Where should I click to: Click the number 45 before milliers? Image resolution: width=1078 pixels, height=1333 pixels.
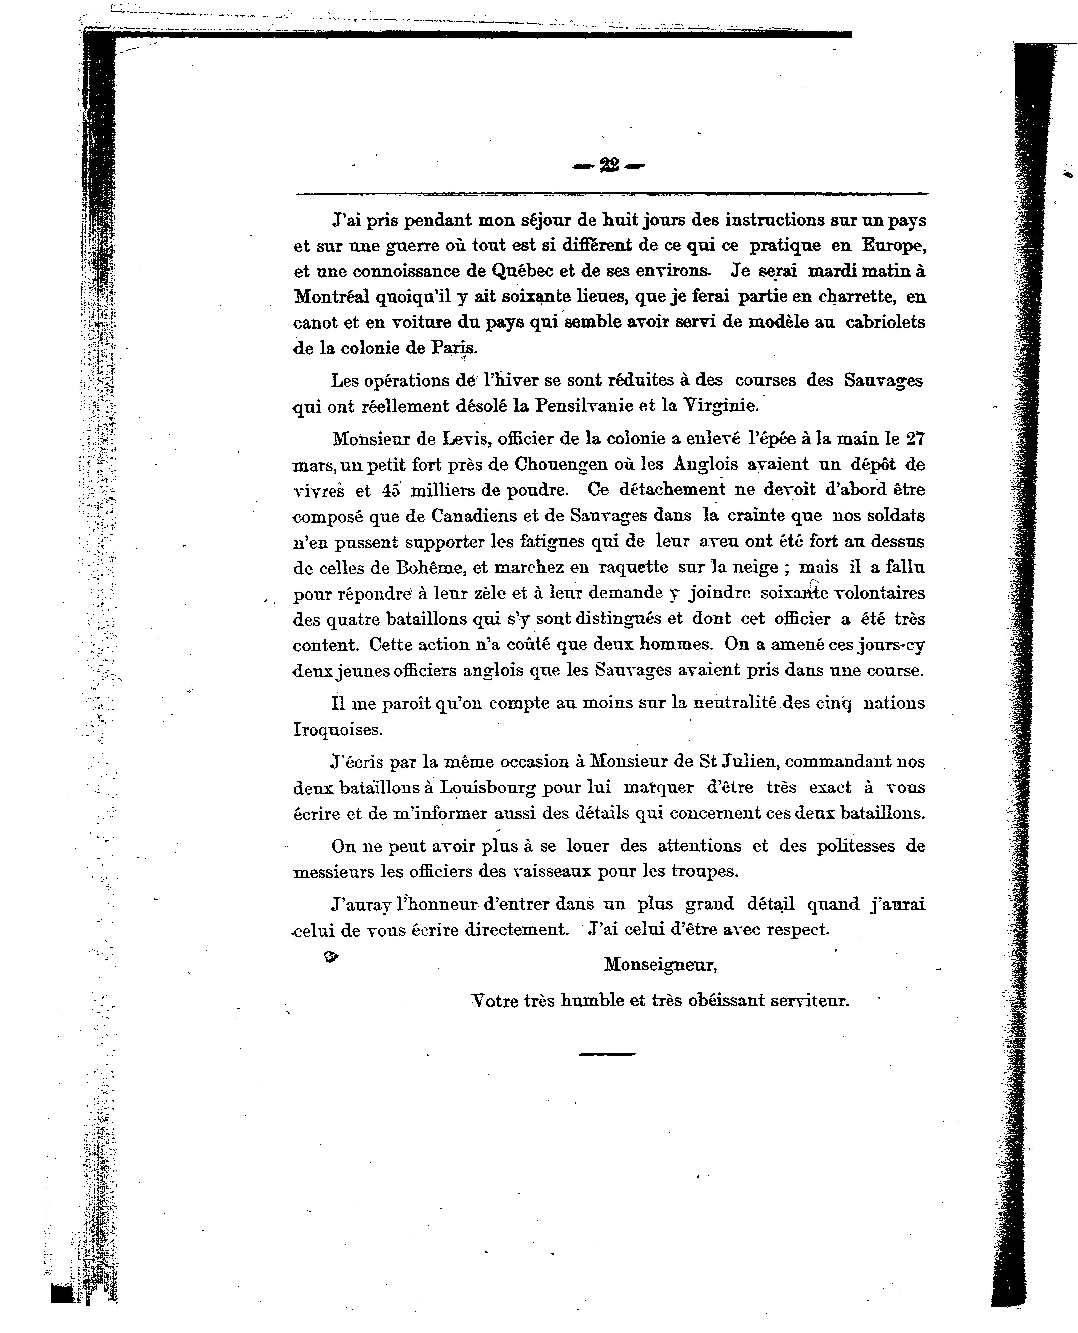click(392, 490)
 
